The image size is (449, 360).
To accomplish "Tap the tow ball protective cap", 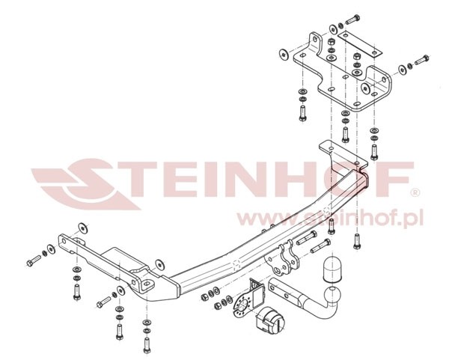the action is [332, 269].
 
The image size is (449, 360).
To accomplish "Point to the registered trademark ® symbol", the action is [415, 193].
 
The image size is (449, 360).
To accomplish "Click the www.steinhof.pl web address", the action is [329, 219].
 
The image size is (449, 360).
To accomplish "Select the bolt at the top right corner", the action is [421, 59].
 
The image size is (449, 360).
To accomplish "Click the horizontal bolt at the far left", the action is [33, 260].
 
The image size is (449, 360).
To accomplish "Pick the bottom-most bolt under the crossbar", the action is [147, 345].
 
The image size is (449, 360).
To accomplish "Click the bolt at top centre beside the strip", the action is [352, 19].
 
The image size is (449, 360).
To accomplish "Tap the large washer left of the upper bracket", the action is [284, 54].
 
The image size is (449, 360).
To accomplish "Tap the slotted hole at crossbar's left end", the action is [147, 284].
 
